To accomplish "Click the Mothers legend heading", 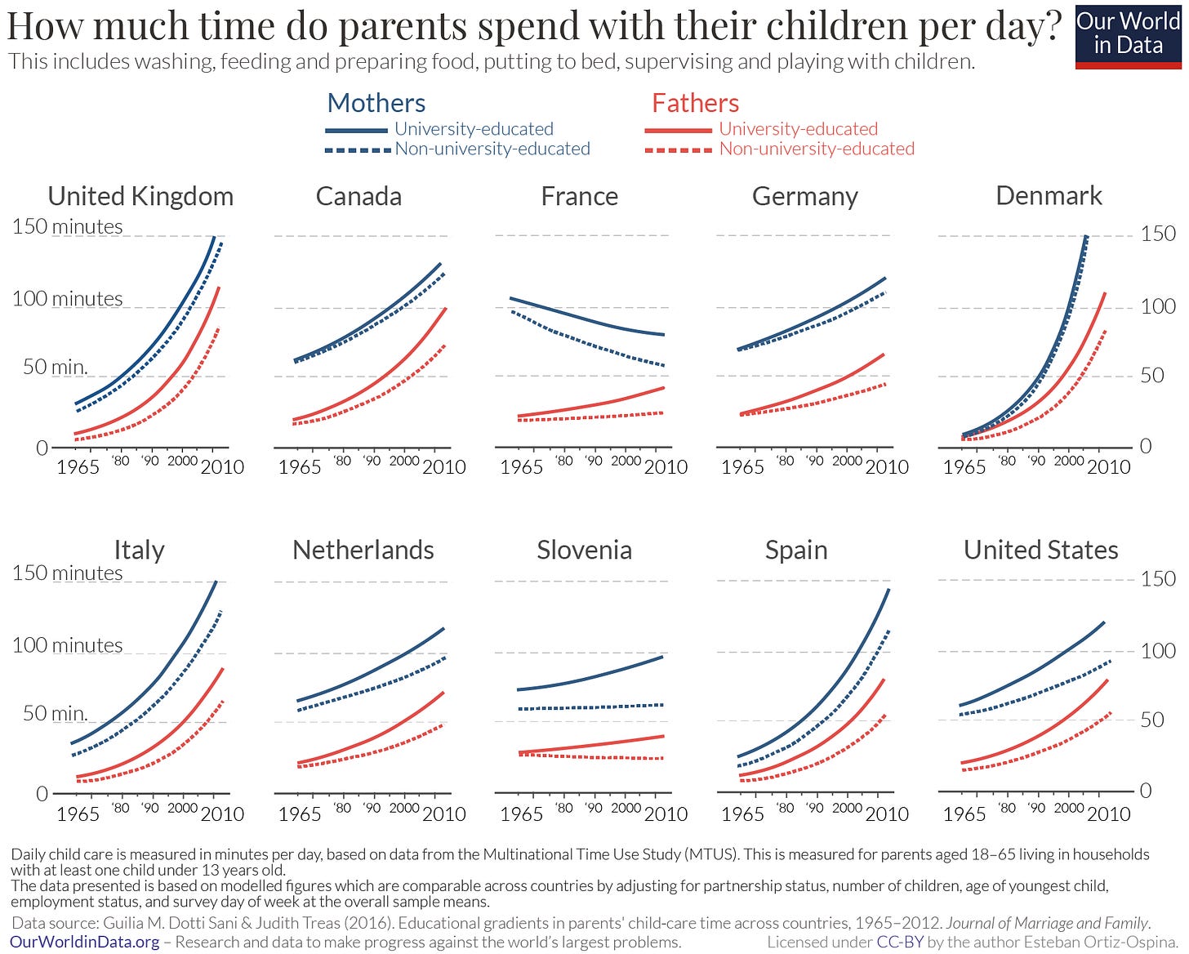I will pos(376,103).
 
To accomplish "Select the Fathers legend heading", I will pos(695,103).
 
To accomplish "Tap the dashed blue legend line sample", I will pos(357,149).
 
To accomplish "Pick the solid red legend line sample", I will pos(678,130).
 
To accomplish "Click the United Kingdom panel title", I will pos(140,196).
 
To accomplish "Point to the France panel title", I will pos(579,196).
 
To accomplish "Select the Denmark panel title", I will pos(1049,196).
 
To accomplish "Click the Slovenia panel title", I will pos(584,550).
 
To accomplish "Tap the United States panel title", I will pos(1040,550).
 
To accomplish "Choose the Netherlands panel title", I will pos(363,550).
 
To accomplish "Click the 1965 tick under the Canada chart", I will pos(299,467).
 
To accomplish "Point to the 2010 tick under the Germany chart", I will pos(887,467).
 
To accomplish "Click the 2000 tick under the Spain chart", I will pos(847,808).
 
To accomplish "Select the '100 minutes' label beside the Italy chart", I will pos(67,645).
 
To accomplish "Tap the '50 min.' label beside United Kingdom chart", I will pos(55,368).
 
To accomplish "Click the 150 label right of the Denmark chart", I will pos(1158,234).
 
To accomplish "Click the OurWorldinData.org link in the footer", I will pos(85,943).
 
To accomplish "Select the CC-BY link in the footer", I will pos(900,943).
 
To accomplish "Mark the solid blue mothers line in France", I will pos(588,318).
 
